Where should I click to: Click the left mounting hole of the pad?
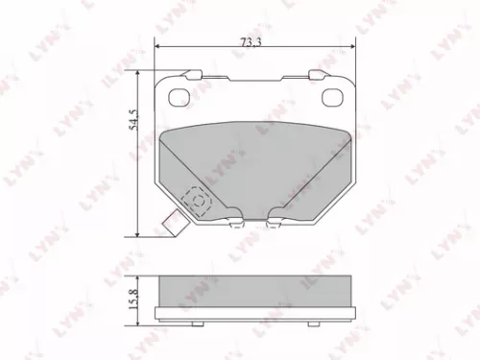click(179, 95)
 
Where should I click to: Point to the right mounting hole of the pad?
click(333, 95)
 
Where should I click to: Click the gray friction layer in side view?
click(255, 286)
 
